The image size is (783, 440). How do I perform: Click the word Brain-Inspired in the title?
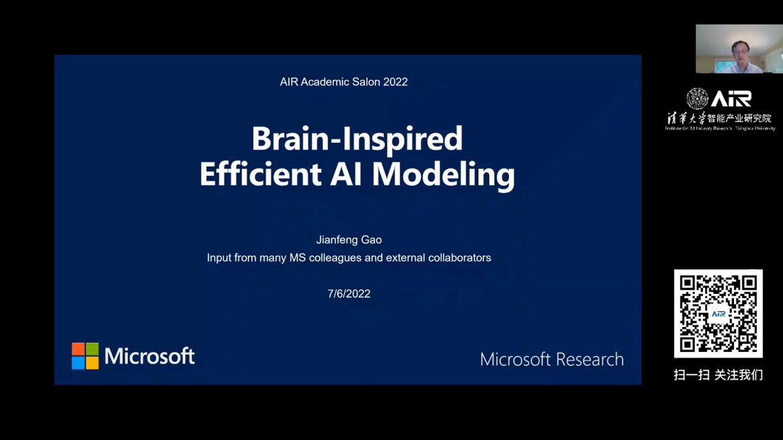(x=357, y=139)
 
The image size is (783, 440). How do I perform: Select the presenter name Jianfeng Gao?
(x=348, y=240)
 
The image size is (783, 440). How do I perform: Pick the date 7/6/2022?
(x=349, y=293)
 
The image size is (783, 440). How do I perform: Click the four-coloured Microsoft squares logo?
(x=85, y=356)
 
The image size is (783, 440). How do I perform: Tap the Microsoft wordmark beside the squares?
(x=149, y=356)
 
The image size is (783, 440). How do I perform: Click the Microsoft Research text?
(x=551, y=359)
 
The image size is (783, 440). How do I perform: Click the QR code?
(x=718, y=314)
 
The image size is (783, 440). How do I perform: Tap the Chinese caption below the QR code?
(x=718, y=375)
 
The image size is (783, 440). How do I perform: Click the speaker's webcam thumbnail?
(x=728, y=49)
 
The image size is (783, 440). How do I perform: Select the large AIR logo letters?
(x=731, y=98)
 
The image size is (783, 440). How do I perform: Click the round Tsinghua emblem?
(x=697, y=98)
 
